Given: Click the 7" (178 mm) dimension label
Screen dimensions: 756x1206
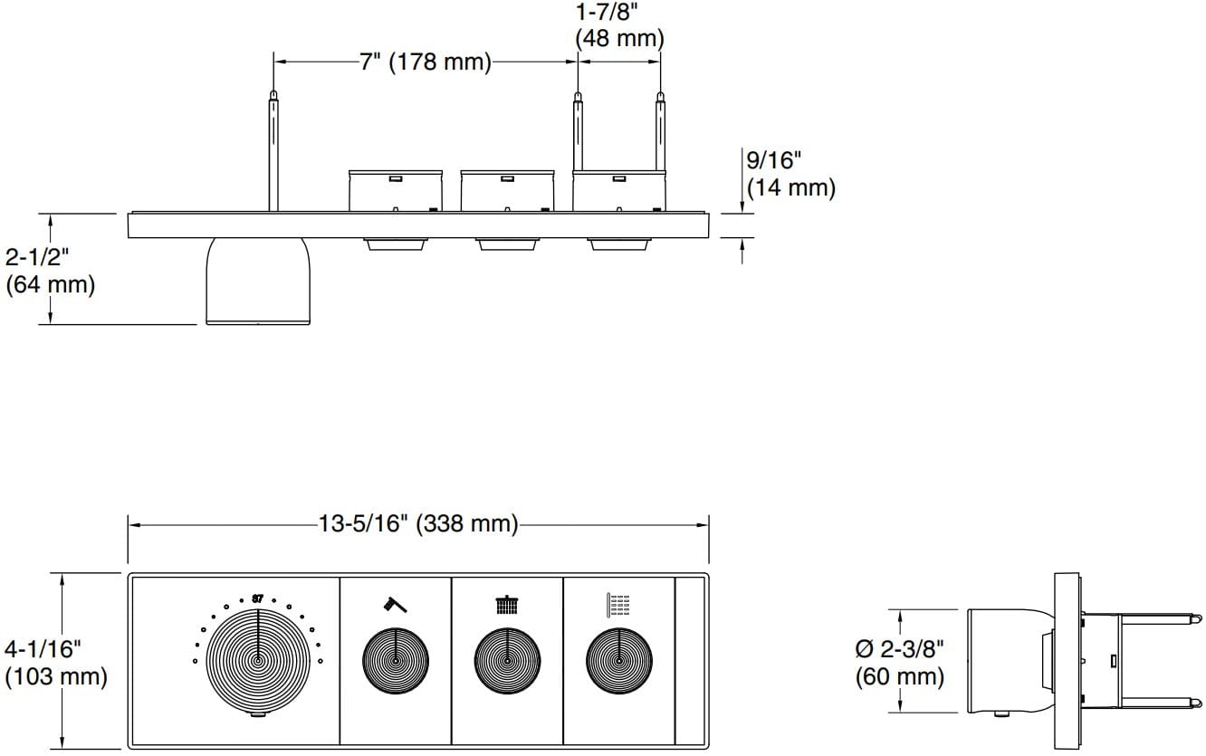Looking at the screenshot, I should [426, 62].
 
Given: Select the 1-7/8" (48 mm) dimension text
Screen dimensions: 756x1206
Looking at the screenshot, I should [619, 27].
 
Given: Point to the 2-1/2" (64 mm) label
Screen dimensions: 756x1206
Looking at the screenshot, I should [50, 271].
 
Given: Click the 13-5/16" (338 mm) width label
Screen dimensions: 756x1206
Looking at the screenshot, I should [417, 524].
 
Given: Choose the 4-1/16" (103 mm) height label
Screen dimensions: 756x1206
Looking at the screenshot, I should [55, 663].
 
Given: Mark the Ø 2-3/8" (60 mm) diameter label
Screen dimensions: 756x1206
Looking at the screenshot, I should [901, 662].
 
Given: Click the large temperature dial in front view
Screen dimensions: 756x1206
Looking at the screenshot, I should [258, 660].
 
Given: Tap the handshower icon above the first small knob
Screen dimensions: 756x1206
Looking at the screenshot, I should [395, 604].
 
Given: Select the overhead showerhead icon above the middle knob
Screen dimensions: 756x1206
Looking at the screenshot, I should [507, 604].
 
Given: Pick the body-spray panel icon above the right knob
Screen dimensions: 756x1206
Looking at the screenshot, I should [618, 604].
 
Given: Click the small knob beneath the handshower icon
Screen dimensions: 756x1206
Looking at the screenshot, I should [396, 663].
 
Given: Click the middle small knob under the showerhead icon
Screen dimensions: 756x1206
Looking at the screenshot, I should [507, 663].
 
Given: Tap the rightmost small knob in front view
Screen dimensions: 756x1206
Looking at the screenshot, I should [618, 663].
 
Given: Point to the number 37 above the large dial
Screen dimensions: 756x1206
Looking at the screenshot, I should [257, 598].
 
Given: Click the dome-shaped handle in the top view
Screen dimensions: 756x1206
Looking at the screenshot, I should [258, 282].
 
